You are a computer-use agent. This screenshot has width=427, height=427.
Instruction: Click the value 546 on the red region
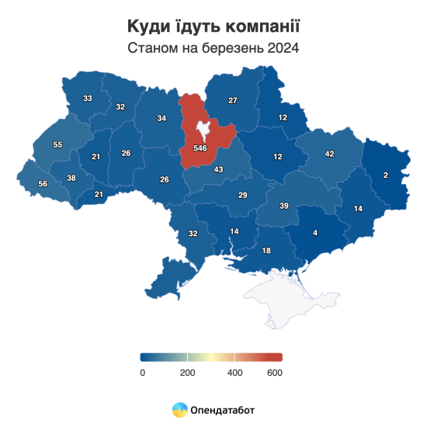[x=200, y=148]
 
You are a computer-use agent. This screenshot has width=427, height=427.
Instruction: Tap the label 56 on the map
[x=42, y=183]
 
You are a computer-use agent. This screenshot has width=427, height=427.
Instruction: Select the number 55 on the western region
[x=57, y=145]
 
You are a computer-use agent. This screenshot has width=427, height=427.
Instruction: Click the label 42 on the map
[x=329, y=154]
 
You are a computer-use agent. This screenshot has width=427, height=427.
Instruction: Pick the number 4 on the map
[x=314, y=232]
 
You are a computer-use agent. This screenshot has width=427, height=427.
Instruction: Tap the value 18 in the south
[x=266, y=251]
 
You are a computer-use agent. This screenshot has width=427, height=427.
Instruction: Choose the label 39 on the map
[x=284, y=206]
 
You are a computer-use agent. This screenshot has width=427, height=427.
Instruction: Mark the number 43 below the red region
[x=218, y=170]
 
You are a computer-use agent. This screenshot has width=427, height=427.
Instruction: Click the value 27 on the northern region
[x=232, y=101]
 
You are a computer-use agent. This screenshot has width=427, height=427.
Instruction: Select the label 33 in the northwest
[x=88, y=99]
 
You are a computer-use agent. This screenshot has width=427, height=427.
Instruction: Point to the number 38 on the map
[x=71, y=179]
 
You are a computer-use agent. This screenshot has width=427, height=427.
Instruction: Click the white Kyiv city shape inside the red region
[x=203, y=129]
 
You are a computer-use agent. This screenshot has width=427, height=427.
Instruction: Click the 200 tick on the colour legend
[x=187, y=373]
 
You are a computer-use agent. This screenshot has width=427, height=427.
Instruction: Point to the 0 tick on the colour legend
[x=143, y=373]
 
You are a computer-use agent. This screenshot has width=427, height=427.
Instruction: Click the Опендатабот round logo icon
[x=179, y=409]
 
